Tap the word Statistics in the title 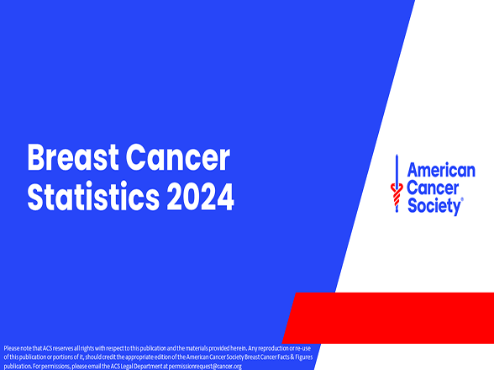point(92,197)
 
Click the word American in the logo point(441,170)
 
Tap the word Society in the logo point(434,206)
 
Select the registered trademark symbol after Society point(463,201)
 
